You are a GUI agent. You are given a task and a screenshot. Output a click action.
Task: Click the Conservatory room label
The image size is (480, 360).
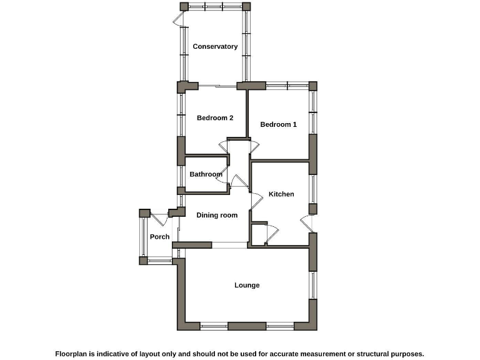coord(215,47)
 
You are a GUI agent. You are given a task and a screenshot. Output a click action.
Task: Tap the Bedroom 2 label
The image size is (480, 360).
coord(215,118)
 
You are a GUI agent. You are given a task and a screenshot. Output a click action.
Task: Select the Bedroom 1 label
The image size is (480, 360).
coord(278,124)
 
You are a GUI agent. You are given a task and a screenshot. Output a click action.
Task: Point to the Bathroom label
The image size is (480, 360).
coord(206,174)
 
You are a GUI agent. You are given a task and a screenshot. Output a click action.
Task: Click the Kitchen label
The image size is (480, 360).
coord(281,194)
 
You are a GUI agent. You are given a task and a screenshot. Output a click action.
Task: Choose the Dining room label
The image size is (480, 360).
coord(217,216)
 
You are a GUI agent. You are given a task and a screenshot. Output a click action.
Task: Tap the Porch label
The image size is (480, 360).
coord(159,237)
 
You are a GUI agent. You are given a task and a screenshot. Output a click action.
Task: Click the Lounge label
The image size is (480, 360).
coord(247,286)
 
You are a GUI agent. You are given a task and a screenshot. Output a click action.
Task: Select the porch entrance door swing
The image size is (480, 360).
coord(159,219)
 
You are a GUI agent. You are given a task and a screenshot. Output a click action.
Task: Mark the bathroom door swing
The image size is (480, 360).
coord(221,179)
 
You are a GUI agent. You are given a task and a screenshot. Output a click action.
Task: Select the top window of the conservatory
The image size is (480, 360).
coord(216,6)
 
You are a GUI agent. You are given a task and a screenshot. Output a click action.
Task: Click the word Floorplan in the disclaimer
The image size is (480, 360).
coord(74,354)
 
